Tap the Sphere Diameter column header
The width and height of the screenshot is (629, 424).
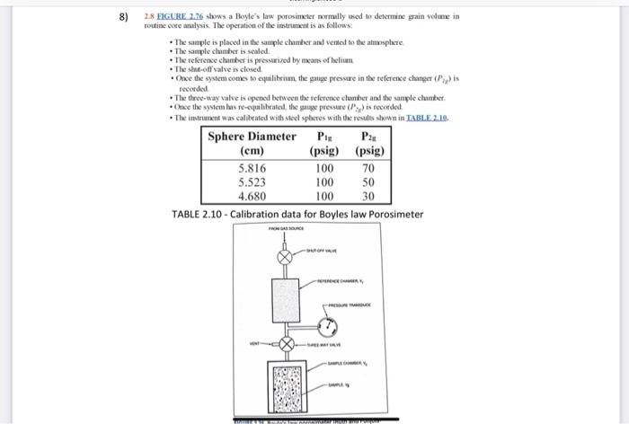tap(252, 137)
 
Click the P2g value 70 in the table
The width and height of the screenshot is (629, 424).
tap(368, 168)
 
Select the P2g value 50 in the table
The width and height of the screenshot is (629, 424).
tap(368, 182)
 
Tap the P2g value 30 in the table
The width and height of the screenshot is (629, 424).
tap(368, 197)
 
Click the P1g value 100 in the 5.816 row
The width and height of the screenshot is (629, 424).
tap(324, 168)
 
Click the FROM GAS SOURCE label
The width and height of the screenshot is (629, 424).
tap(288, 230)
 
